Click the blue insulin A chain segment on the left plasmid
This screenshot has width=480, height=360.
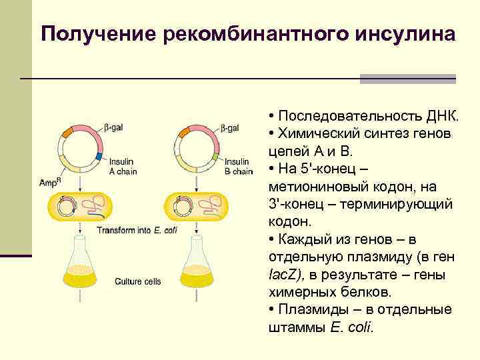(x=99, y=157)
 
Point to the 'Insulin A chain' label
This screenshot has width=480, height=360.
(x=121, y=165)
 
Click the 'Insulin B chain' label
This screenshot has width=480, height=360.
(x=238, y=166)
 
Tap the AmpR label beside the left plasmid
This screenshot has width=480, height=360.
(x=49, y=182)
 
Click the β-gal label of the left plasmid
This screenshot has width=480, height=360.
(x=113, y=127)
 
